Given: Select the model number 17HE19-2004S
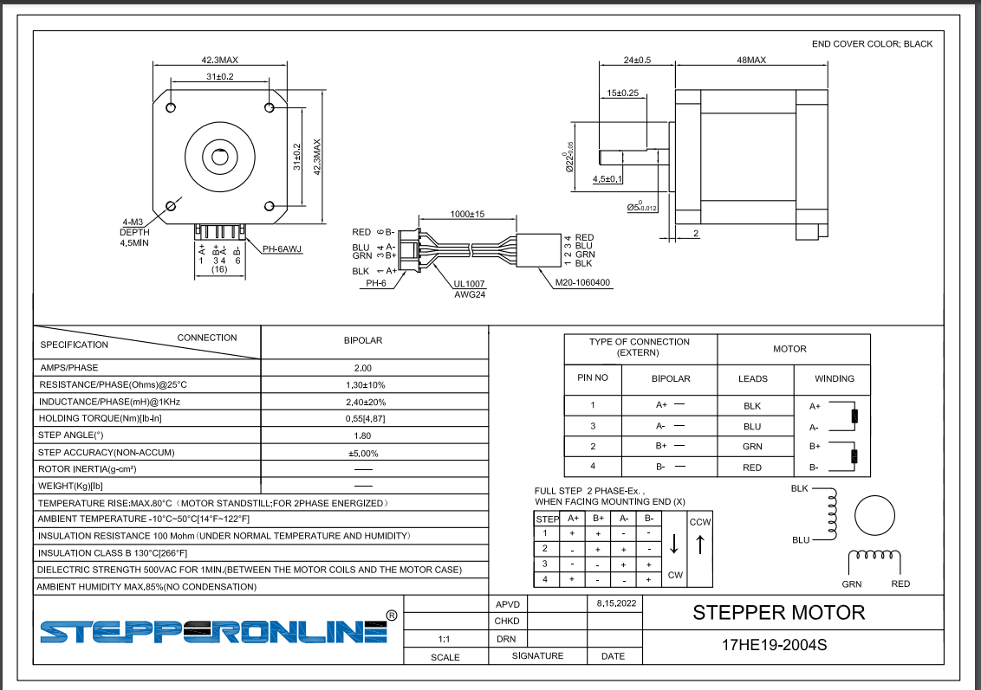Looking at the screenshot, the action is click(x=774, y=645).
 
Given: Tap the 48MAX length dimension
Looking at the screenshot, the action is click(x=751, y=60).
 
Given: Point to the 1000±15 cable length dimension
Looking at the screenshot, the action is click(x=467, y=214).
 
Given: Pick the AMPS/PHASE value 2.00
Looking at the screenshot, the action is click(x=363, y=368).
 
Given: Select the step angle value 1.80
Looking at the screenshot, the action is click(x=362, y=435).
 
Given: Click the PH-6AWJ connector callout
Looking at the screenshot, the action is click(x=282, y=248).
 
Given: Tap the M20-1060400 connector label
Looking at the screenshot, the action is click(x=582, y=282).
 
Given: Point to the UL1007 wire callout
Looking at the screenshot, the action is click(x=469, y=284).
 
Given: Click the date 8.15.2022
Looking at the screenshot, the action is click(x=616, y=603).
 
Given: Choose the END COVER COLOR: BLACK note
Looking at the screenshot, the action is click(x=872, y=44).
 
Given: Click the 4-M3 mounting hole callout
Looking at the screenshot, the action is click(x=133, y=222).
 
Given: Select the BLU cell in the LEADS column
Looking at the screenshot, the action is click(x=752, y=426).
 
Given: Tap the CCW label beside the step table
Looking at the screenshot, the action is click(x=700, y=522).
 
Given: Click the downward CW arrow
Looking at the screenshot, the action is click(x=674, y=544).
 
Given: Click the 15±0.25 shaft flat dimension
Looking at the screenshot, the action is click(x=622, y=94).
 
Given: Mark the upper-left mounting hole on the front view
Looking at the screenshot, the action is click(x=171, y=107).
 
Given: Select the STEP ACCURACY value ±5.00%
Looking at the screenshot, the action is click(x=363, y=453).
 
